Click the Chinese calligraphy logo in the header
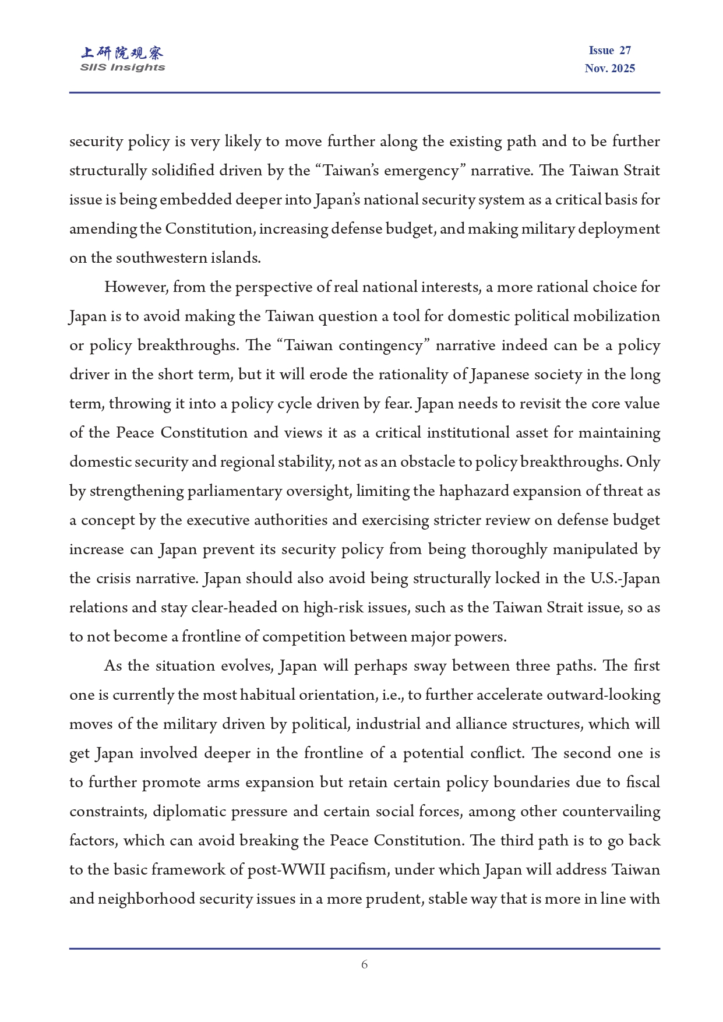pyautogui.click(x=122, y=53)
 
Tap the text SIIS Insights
pyautogui.click(x=122, y=68)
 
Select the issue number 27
pyautogui.click(x=625, y=51)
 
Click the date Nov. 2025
pyautogui.click(x=609, y=69)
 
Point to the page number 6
pyautogui.click(x=364, y=964)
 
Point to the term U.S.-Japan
pyautogui.click(x=625, y=579)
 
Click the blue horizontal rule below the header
pyautogui.click(x=364, y=93)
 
